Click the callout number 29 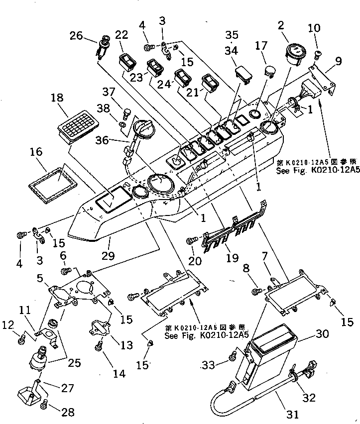(x=109, y=255)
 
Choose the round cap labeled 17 (x=269, y=71)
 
